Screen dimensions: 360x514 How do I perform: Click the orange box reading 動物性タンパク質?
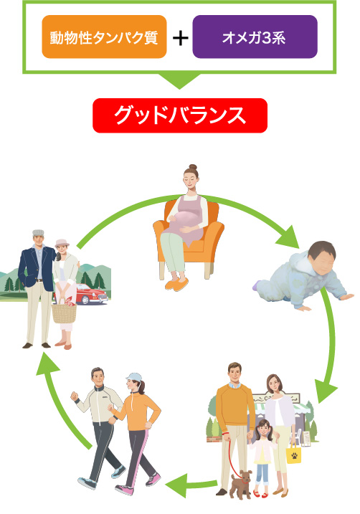104,37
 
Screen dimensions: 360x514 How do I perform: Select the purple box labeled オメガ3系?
255,37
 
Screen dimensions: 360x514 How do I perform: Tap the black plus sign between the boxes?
180,38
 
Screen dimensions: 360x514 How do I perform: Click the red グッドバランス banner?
180,115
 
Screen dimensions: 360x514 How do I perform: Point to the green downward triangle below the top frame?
179,80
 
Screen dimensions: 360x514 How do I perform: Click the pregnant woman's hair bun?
193,167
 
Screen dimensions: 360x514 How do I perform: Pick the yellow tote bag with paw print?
294,453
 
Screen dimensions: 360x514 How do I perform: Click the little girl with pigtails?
262,457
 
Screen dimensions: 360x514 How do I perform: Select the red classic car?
92,293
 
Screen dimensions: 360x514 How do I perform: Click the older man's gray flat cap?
38,233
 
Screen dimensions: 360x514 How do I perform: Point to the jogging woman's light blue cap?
133,376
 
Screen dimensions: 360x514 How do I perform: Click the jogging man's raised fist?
75,396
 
